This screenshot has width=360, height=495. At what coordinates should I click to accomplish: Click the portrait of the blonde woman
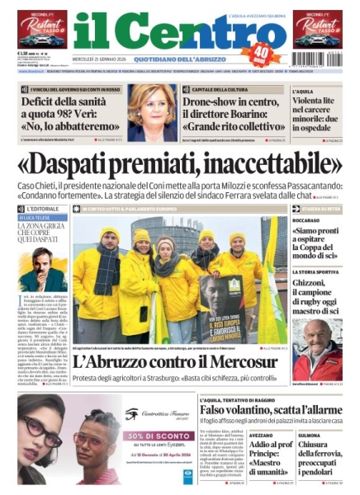point(151,112)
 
